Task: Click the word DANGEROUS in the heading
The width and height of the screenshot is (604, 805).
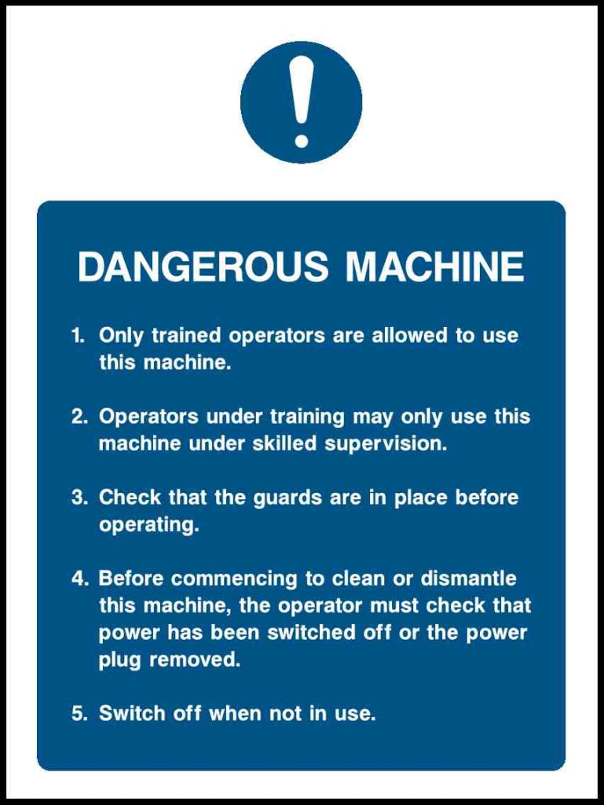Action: pyautogui.click(x=203, y=267)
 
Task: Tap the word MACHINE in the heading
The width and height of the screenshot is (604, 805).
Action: pyautogui.click(x=434, y=267)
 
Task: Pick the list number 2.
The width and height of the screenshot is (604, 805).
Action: pyautogui.click(x=79, y=416)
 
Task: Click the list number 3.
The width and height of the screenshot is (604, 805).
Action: pyautogui.click(x=79, y=498)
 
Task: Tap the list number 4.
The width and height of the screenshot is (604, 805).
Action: pyautogui.click(x=79, y=579)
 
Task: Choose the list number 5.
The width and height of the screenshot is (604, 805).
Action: pyautogui.click(x=79, y=714)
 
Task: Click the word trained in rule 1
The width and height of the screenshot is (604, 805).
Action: pyautogui.click(x=186, y=336)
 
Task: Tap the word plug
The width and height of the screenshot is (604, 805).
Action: pyautogui.click(x=120, y=660)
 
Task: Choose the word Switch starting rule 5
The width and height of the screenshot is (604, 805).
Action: pyautogui.click(x=130, y=714)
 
